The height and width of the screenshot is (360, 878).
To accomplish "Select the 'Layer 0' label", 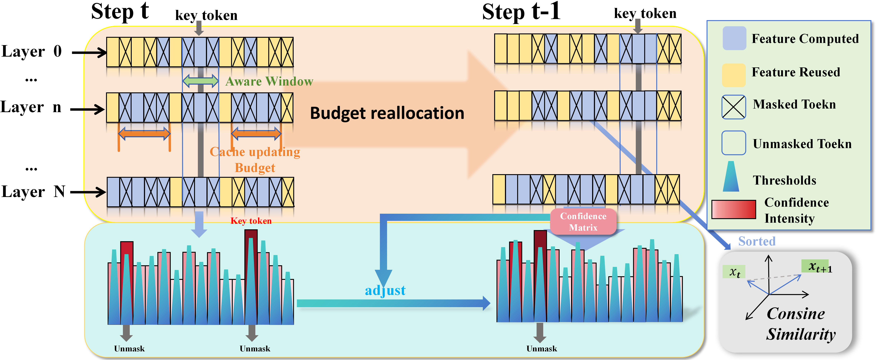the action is pos(32,51).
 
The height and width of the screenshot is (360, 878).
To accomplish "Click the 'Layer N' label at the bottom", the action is pos(33,192).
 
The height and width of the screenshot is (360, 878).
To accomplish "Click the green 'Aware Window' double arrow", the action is pos(200,81).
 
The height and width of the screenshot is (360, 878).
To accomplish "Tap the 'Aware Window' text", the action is pos(269,81).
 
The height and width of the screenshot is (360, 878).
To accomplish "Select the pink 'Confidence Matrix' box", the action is pos(583,222).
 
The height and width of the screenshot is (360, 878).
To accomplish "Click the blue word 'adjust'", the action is pos(385,290).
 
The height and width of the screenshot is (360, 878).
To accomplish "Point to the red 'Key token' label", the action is pos(251,221).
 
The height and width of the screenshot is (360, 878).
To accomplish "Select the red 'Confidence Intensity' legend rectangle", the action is pos(734,209).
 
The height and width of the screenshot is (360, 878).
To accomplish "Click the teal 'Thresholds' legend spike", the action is pos(731,177).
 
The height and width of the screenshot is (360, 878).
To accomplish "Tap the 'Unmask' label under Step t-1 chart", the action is pos(542,349).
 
